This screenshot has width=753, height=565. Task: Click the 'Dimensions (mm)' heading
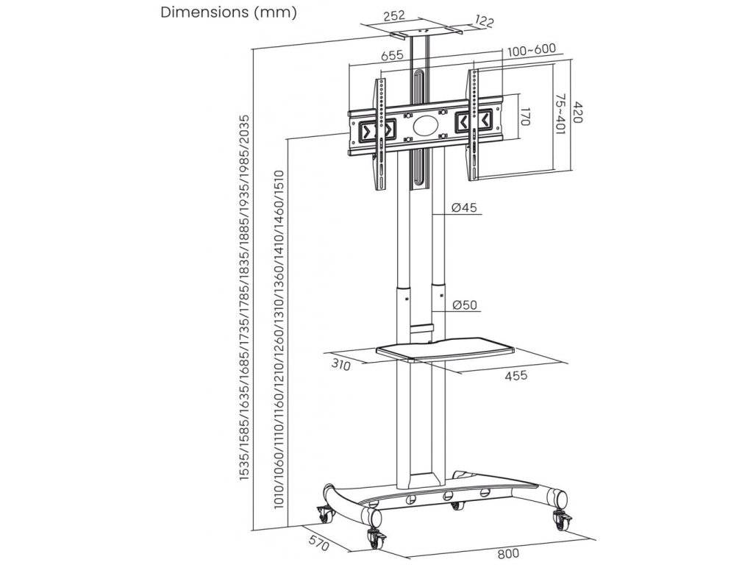228,13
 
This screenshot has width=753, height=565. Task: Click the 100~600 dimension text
530,50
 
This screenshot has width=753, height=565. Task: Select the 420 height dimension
578,112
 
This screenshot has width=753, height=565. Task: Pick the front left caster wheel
376,537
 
